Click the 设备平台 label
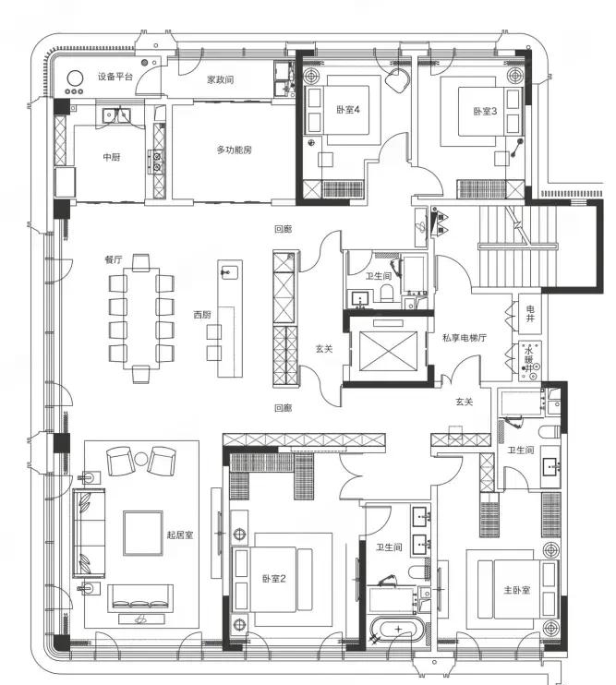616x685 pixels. (x=115, y=77)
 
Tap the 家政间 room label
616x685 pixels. (x=220, y=79)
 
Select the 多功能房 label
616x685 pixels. (x=235, y=150)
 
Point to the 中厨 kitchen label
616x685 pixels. (x=112, y=157)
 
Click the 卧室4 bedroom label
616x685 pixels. (x=348, y=110)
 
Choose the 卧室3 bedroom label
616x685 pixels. (x=485, y=111)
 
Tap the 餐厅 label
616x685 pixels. (x=114, y=259)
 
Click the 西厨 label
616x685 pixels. (x=202, y=314)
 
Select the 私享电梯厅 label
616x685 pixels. (x=464, y=338)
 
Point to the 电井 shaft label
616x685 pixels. (x=530, y=314)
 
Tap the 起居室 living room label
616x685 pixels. (x=179, y=535)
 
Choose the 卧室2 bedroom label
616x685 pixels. (x=274, y=579)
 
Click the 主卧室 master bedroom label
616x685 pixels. (x=517, y=590)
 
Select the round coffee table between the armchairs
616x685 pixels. (x=141, y=459)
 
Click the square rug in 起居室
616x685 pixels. (x=143, y=533)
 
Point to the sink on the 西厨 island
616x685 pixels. (x=229, y=272)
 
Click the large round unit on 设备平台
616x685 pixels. (x=75, y=79)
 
